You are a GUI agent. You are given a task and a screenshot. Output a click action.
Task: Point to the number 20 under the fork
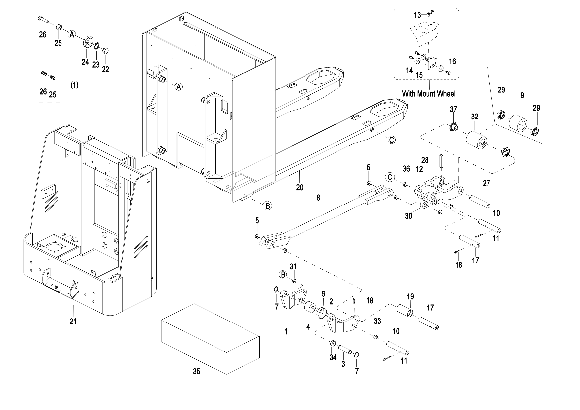300,187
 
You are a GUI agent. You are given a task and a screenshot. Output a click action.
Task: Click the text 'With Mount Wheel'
429,94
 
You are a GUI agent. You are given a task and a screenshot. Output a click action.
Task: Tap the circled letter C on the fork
391,140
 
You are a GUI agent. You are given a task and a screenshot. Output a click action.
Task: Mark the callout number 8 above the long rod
318,198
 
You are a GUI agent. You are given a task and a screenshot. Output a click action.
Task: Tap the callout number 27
486,183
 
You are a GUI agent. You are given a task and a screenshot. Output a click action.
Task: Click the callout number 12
419,169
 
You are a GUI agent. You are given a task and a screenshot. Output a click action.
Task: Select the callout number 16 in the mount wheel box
452,61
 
